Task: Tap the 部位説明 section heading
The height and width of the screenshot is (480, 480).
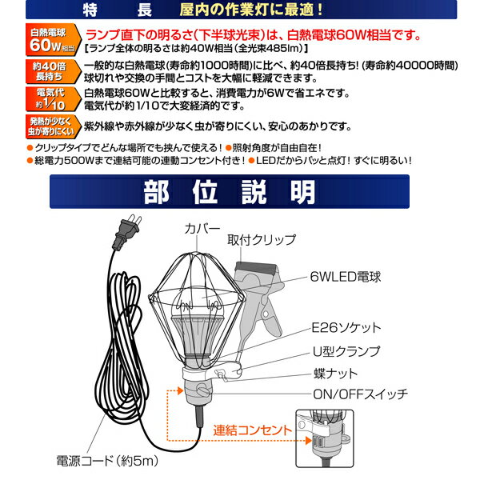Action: (x=240, y=192)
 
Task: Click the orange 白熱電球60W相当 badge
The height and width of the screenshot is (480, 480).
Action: (x=50, y=38)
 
